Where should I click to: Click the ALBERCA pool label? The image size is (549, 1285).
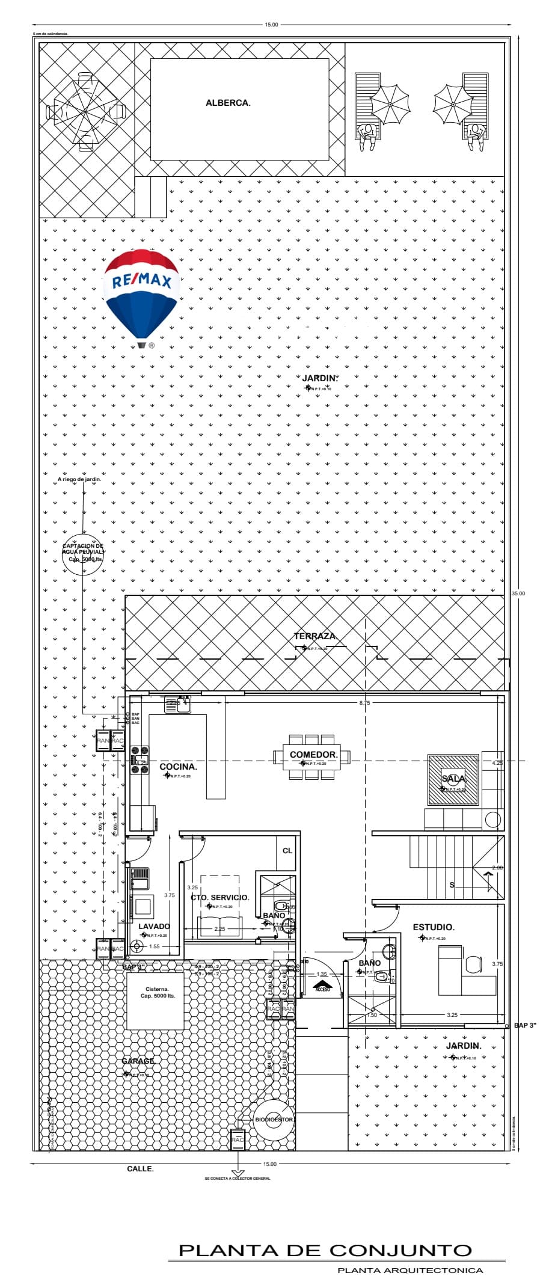click(228, 103)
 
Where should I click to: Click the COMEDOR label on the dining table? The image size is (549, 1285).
click(313, 755)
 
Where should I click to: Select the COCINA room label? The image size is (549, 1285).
click(178, 767)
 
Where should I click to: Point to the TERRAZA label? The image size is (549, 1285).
click(315, 636)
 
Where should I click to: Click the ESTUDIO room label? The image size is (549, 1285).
click(433, 928)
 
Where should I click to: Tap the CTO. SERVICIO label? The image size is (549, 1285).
click(219, 898)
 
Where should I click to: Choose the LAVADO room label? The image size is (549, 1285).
click(154, 927)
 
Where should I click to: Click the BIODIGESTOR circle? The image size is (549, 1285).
click(274, 1120)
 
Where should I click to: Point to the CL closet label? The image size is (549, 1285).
click(287, 850)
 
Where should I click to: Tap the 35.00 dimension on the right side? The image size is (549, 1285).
click(518, 593)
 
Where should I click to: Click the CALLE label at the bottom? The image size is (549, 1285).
click(140, 1169)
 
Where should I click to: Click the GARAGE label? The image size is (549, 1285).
click(138, 1061)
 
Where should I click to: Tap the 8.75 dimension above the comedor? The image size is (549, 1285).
click(364, 703)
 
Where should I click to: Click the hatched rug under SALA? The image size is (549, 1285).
click(453, 779)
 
